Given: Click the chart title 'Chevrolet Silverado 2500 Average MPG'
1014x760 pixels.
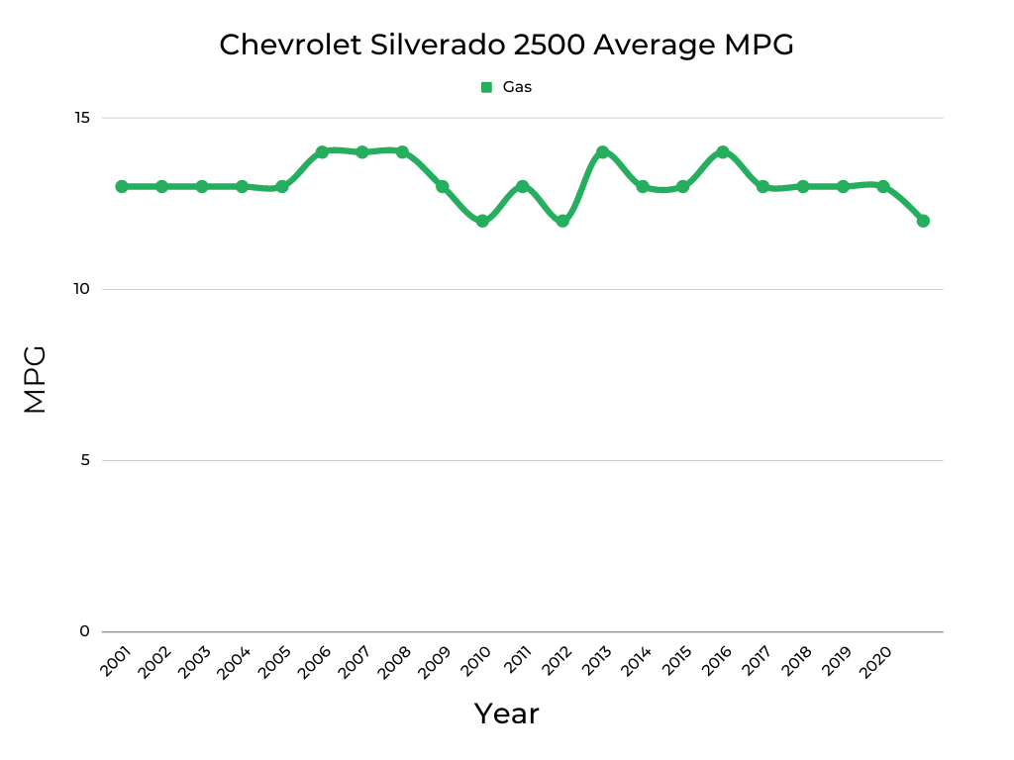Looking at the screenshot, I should pos(506,45).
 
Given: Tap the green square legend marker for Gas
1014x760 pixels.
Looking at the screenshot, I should pos(486,87).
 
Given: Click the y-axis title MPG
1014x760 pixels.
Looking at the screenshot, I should pos(35,379).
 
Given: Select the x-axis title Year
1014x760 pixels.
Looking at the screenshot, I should pos(506,713).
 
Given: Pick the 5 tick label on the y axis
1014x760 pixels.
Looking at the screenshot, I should pos(84,460).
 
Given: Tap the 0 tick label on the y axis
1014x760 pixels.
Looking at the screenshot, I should pos(84,631).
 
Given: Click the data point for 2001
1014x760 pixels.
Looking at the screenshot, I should pos(122,186).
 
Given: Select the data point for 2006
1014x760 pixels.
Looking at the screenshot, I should pos(322,152).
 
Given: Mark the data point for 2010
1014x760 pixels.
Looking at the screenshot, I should pos(482,221).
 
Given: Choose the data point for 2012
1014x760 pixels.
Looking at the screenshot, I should pos(562,221).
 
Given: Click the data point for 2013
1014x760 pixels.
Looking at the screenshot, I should pos(602,152).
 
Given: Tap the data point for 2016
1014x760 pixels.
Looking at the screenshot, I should pos(723,152).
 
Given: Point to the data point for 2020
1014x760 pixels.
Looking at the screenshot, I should pos(882,186).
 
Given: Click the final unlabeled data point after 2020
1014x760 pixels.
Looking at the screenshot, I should pos(923,221).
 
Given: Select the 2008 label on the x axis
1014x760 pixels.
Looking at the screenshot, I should pos(393,662).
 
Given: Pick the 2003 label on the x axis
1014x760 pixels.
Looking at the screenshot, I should pos(193,662).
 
